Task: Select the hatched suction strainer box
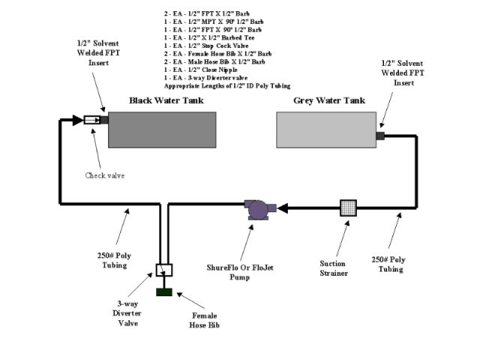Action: tap(348, 208)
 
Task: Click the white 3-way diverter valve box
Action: tap(163, 270)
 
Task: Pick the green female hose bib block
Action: tap(163, 290)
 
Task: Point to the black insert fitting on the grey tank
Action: tap(379, 135)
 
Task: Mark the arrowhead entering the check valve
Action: tap(77, 120)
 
